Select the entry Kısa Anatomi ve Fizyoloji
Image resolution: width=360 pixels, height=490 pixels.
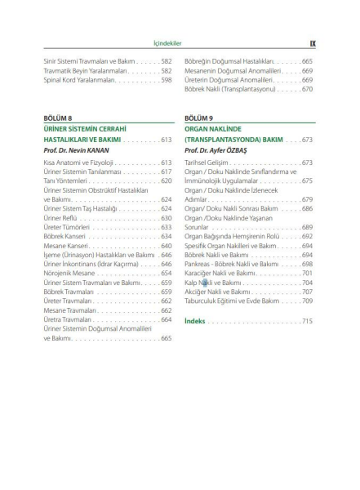[x=78, y=163]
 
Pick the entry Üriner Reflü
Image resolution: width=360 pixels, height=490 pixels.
[x=61, y=218]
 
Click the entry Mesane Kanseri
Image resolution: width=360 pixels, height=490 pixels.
[x=67, y=245]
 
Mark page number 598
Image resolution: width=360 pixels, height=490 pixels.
[x=166, y=80]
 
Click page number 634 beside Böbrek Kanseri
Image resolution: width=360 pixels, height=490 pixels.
[x=166, y=236]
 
